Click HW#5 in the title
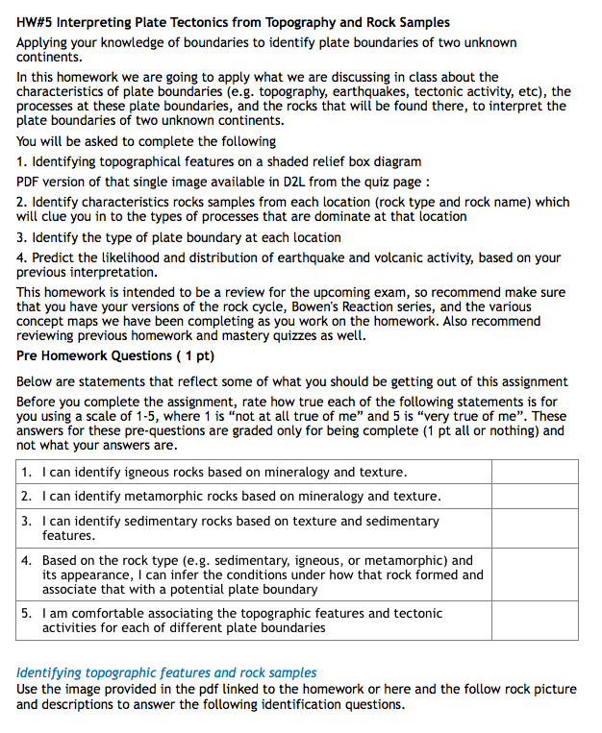pyautogui.click(x=37, y=22)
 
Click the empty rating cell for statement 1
pyautogui.click(x=535, y=472)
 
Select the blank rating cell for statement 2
pyautogui.click(x=535, y=496)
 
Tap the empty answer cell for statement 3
pyautogui.click(x=535, y=527)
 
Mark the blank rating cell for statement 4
pyautogui.click(x=535, y=574)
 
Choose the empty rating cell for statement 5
pyautogui.click(x=535, y=620)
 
